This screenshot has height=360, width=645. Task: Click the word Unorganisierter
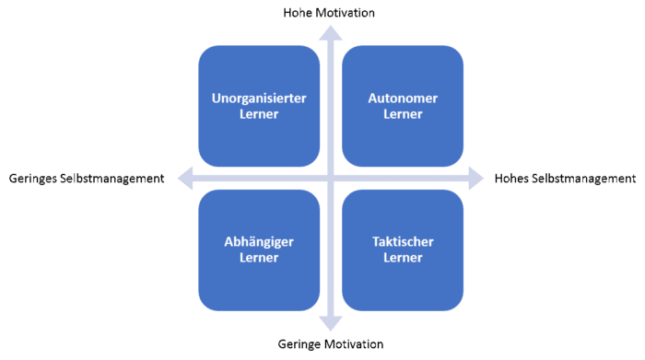point(259,98)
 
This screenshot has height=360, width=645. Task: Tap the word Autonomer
point(403,98)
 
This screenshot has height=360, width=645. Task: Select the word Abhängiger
point(259,242)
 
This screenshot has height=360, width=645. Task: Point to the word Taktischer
point(403,242)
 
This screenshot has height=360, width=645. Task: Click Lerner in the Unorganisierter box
point(259,114)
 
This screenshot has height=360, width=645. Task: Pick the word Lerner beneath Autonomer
point(403,114)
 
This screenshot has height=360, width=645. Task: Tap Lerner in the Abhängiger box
point(259,258)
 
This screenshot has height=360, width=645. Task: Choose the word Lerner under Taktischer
point(403,258)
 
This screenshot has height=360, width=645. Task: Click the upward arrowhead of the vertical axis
point(331,33)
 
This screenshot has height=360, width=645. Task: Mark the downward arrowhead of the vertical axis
point(331,324)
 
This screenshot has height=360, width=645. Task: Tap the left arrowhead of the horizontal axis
point(184,178)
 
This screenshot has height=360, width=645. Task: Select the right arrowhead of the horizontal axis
point(475,178)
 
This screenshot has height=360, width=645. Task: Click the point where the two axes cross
point(331,178)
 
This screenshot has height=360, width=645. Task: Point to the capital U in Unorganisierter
point(217,98)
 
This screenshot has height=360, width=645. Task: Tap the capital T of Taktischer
point(375,242)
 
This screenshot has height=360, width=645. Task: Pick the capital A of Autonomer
point(372,98)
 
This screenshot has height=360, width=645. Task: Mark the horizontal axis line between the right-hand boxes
point(403,178)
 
